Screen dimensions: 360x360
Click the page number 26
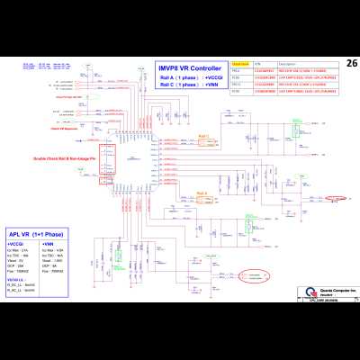pos(351,63)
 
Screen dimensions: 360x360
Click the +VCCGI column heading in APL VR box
pos(15,243)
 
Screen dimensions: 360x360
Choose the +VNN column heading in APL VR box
pos(49,243)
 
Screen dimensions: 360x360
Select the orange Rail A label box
pos(201,193)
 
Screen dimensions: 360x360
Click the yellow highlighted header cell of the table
pos(240,64)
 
